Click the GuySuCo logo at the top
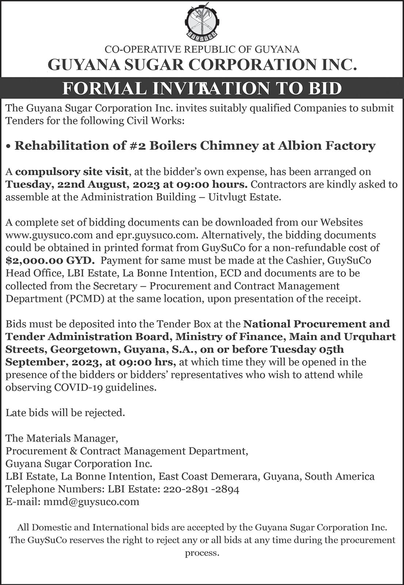point(202,22)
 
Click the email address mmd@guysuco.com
point(91,501)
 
